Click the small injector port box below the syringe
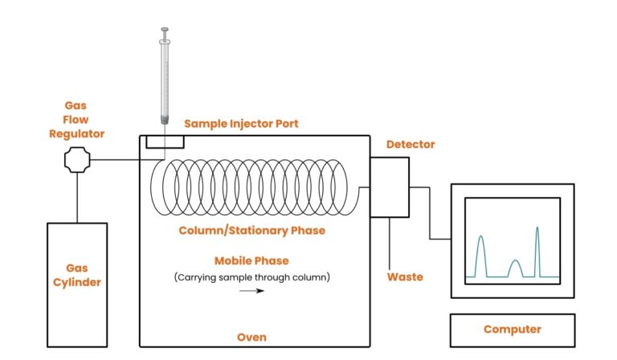[165, 142]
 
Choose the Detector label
[411, 145]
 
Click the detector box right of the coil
[390, 187]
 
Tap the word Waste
[406, 276]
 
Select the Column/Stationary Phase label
[251, 231]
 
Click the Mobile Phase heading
[251, 260]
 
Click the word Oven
[251, 337]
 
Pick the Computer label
[512, 329]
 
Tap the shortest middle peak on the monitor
[516, 268]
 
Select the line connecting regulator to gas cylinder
[77, 197]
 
